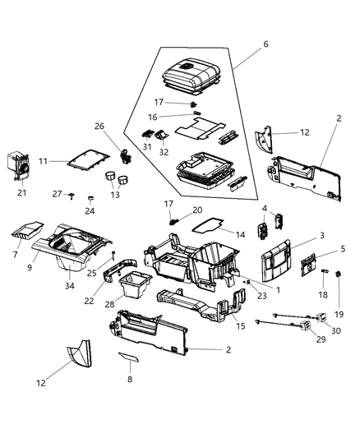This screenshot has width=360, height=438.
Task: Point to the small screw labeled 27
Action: point(73,196)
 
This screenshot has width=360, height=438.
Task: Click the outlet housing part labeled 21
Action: point(21,166)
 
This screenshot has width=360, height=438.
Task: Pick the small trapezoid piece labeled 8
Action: point(128,358)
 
